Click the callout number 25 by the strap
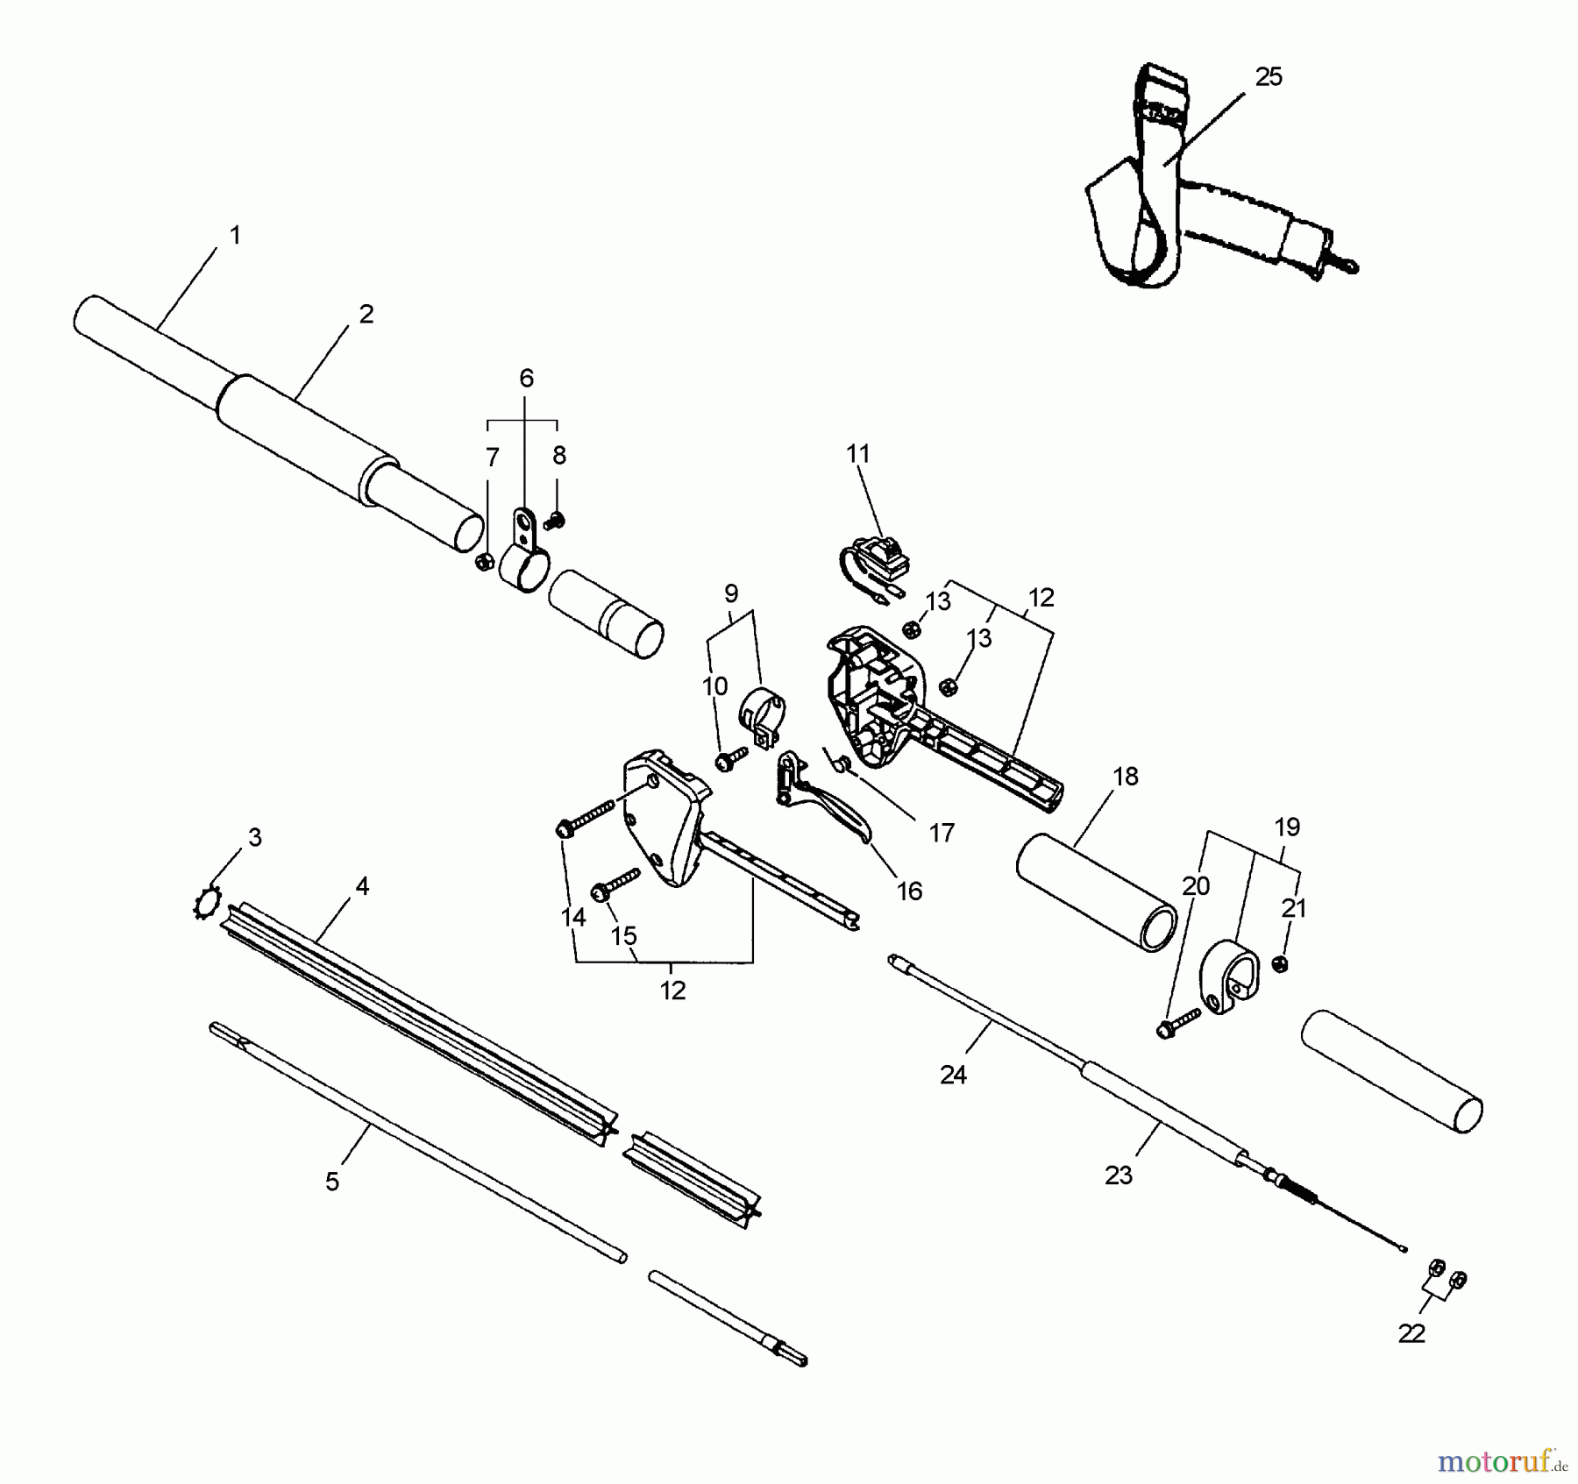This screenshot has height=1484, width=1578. point(1268,78)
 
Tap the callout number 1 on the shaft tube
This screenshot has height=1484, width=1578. point(234,235)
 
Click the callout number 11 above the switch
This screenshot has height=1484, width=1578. point(857,453)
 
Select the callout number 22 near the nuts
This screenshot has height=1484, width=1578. point(1411,1333)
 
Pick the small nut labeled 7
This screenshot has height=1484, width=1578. point(482,562)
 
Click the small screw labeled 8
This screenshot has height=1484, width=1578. point(553,522)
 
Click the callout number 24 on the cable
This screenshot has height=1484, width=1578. point(952,1075)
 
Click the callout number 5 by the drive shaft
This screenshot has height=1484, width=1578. point(332,1182)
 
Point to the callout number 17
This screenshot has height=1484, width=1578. point(941,833)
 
